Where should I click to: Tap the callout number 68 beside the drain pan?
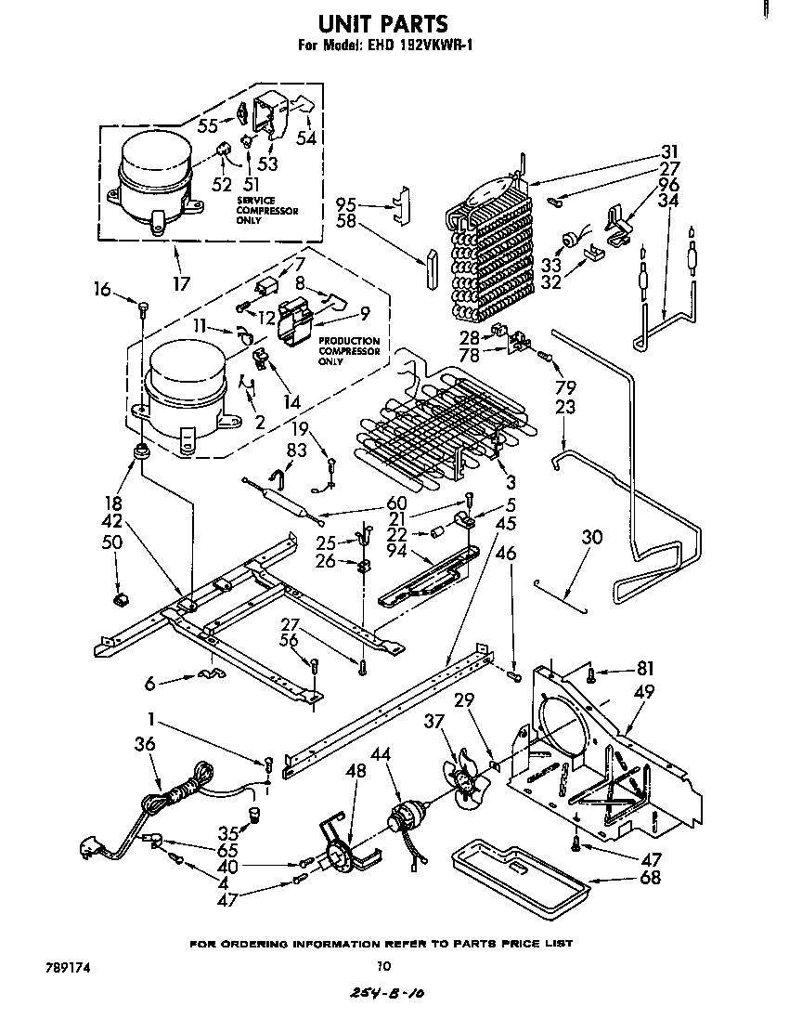click(x=651, y=877)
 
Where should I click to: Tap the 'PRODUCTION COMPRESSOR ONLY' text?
click(x=349, y=351)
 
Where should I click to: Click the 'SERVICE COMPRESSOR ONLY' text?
click(x=267, y=211)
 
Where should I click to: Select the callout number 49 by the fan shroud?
click(x=643, y=691)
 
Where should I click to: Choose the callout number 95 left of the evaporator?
click(x=346, y=203)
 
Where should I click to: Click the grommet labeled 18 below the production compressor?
click(x=141, y=452)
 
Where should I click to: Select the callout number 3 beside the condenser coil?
click(x=511, y=482)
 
